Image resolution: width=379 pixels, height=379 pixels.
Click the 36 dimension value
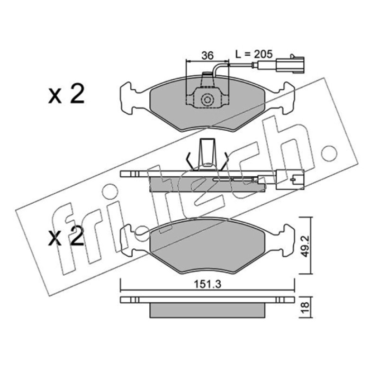[x=208, y=55]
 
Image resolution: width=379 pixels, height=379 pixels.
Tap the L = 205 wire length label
[x=254, y=54]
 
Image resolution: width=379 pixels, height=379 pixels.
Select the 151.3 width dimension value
[x=208, y=285]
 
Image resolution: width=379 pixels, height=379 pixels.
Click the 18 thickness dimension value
[x=306, y=307]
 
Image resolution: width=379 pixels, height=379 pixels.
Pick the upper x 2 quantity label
[x=66, y=94]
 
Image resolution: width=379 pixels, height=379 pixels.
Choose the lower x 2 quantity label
[x=66, y=236]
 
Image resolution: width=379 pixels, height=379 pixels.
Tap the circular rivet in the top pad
[x=207, y=99]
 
